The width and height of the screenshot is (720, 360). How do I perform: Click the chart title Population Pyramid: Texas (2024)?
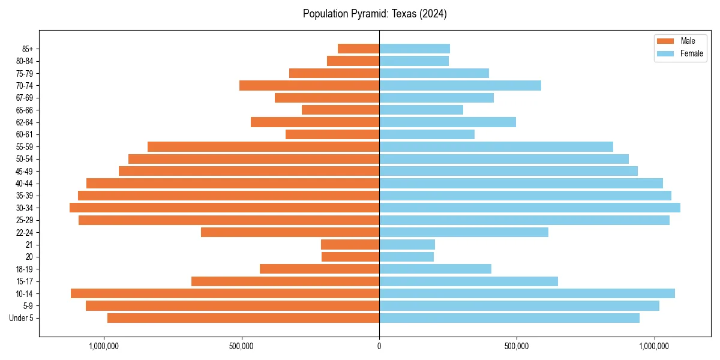coord(374,14)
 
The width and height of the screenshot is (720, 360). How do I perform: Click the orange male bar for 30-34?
coord(224,208)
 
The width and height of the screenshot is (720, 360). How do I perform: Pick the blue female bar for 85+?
coord(415,49)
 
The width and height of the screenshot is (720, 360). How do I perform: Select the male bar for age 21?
coord(350,245)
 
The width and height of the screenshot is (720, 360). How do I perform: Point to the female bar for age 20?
coord(406,257)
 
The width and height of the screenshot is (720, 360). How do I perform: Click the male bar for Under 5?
coord(243,318)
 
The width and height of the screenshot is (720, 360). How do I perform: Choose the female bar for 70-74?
coord(460,85)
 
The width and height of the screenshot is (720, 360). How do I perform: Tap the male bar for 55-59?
coord(263,146)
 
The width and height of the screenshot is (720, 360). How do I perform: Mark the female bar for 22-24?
coord(464,232)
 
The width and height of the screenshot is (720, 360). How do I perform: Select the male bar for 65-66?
coord(340,110)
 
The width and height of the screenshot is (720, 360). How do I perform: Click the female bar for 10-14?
coord(527,293)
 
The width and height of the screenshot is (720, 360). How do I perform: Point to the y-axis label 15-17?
coord(25,281)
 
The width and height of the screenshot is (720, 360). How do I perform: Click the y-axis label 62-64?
coord(25,122)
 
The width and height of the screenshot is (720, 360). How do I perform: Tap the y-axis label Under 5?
coord(22,318)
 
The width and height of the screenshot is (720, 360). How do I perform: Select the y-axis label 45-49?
coord(25,171)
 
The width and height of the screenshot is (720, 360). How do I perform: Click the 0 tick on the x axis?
coord(379,346)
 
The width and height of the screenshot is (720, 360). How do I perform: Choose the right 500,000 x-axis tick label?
coord(517,346)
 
